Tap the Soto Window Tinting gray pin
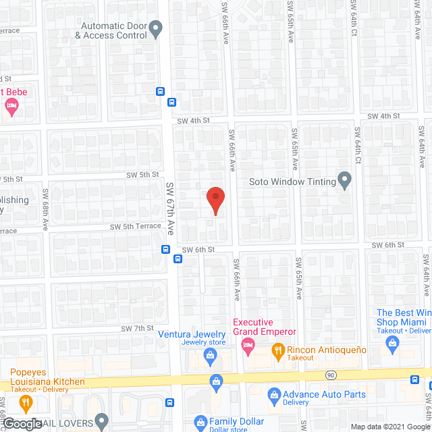coord(345,180)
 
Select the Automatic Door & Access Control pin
coord(157,29)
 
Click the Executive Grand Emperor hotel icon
coord(247,346)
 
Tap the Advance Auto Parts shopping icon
coord(274,394)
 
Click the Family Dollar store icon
coord(200,422)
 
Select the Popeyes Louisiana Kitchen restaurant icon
coord(26,404)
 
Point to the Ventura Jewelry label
coord(192,334)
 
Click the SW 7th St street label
coord(138,328)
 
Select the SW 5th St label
coord(142,175)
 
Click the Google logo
coord(22,424)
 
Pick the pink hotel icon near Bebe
coord(11,106)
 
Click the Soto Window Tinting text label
coord(292,182)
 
